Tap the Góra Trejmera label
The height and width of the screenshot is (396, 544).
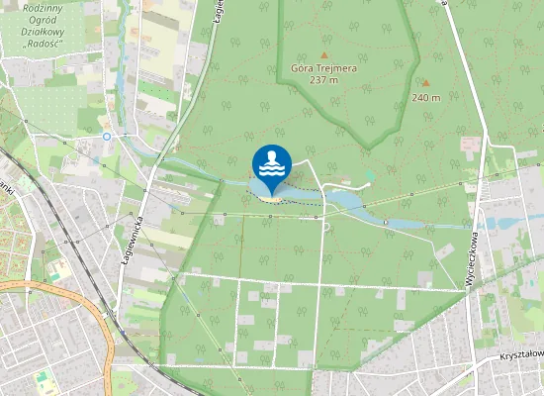pos(322,67)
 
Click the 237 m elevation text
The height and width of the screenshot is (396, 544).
pos(322,79)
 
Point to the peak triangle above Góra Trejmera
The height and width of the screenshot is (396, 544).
pos(323,54)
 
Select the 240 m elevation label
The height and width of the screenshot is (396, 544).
pos(426,97)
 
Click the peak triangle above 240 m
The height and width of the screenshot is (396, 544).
pos(426,83)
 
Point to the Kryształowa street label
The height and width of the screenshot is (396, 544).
pos(521,352)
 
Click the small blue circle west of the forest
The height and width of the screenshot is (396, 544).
pos(107,135)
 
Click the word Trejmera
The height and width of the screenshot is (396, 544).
pos(335,67)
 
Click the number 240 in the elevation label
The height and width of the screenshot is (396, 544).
pos(421,97)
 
